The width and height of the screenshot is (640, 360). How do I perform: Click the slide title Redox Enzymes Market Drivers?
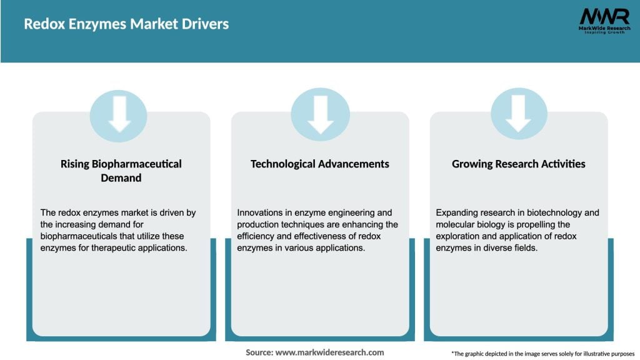[x=126, y=24]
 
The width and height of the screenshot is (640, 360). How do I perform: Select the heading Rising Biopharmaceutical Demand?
[x=121, y=171]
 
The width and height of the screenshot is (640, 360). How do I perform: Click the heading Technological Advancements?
[x=319, y=164]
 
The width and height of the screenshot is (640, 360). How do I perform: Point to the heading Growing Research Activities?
[x=519, y=164]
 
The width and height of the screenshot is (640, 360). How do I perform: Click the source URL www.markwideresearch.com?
[x=329, y=352]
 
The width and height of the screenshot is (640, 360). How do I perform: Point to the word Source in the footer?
[x=259, y=352]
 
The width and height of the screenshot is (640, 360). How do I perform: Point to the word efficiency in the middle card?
[x=258, y=236]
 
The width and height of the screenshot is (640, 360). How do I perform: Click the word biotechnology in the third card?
[x=548, y=212]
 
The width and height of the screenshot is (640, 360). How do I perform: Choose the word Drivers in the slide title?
[x=208, y=24]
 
